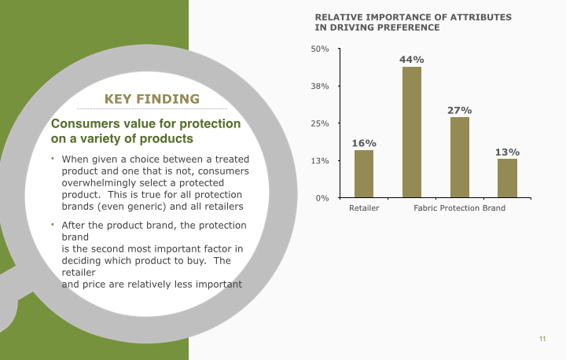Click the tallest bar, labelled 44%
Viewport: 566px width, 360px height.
412,132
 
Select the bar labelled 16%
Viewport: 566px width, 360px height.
364,174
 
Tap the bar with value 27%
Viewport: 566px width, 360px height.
460,157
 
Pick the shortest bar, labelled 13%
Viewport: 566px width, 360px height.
507,178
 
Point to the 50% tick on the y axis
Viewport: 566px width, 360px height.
320,49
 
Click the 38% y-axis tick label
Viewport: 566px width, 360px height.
320,86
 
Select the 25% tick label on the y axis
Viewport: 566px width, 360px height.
320,123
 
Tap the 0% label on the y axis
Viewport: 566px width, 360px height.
322,198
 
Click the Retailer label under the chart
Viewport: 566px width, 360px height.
364,208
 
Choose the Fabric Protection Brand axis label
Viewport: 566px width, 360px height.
459,208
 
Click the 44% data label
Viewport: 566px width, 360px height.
412,60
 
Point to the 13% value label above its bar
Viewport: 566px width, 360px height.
507,152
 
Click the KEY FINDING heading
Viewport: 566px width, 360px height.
152,99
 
